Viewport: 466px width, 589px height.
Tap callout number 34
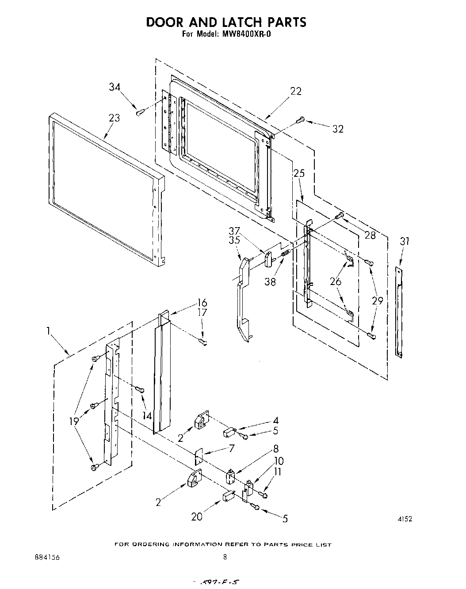click(x=115, y=87)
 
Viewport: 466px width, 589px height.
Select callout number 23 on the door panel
click(x=114, y=118)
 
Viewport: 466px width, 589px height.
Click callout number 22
click(x=295, y=91)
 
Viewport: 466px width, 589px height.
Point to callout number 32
click(x=338, y=129)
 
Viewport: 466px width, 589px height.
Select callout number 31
click(x=405, y=241)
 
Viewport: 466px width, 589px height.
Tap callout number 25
click(x=299, y=173)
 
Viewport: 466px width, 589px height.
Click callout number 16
click(x=202, y=303)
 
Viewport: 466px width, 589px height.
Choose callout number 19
click(x=73, y=422)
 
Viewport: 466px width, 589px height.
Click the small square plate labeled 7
click(x=198, y=456)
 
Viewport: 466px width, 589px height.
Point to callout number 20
click(x=197, y=516)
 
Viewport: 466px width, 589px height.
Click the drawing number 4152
click(x=405, y=520)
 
